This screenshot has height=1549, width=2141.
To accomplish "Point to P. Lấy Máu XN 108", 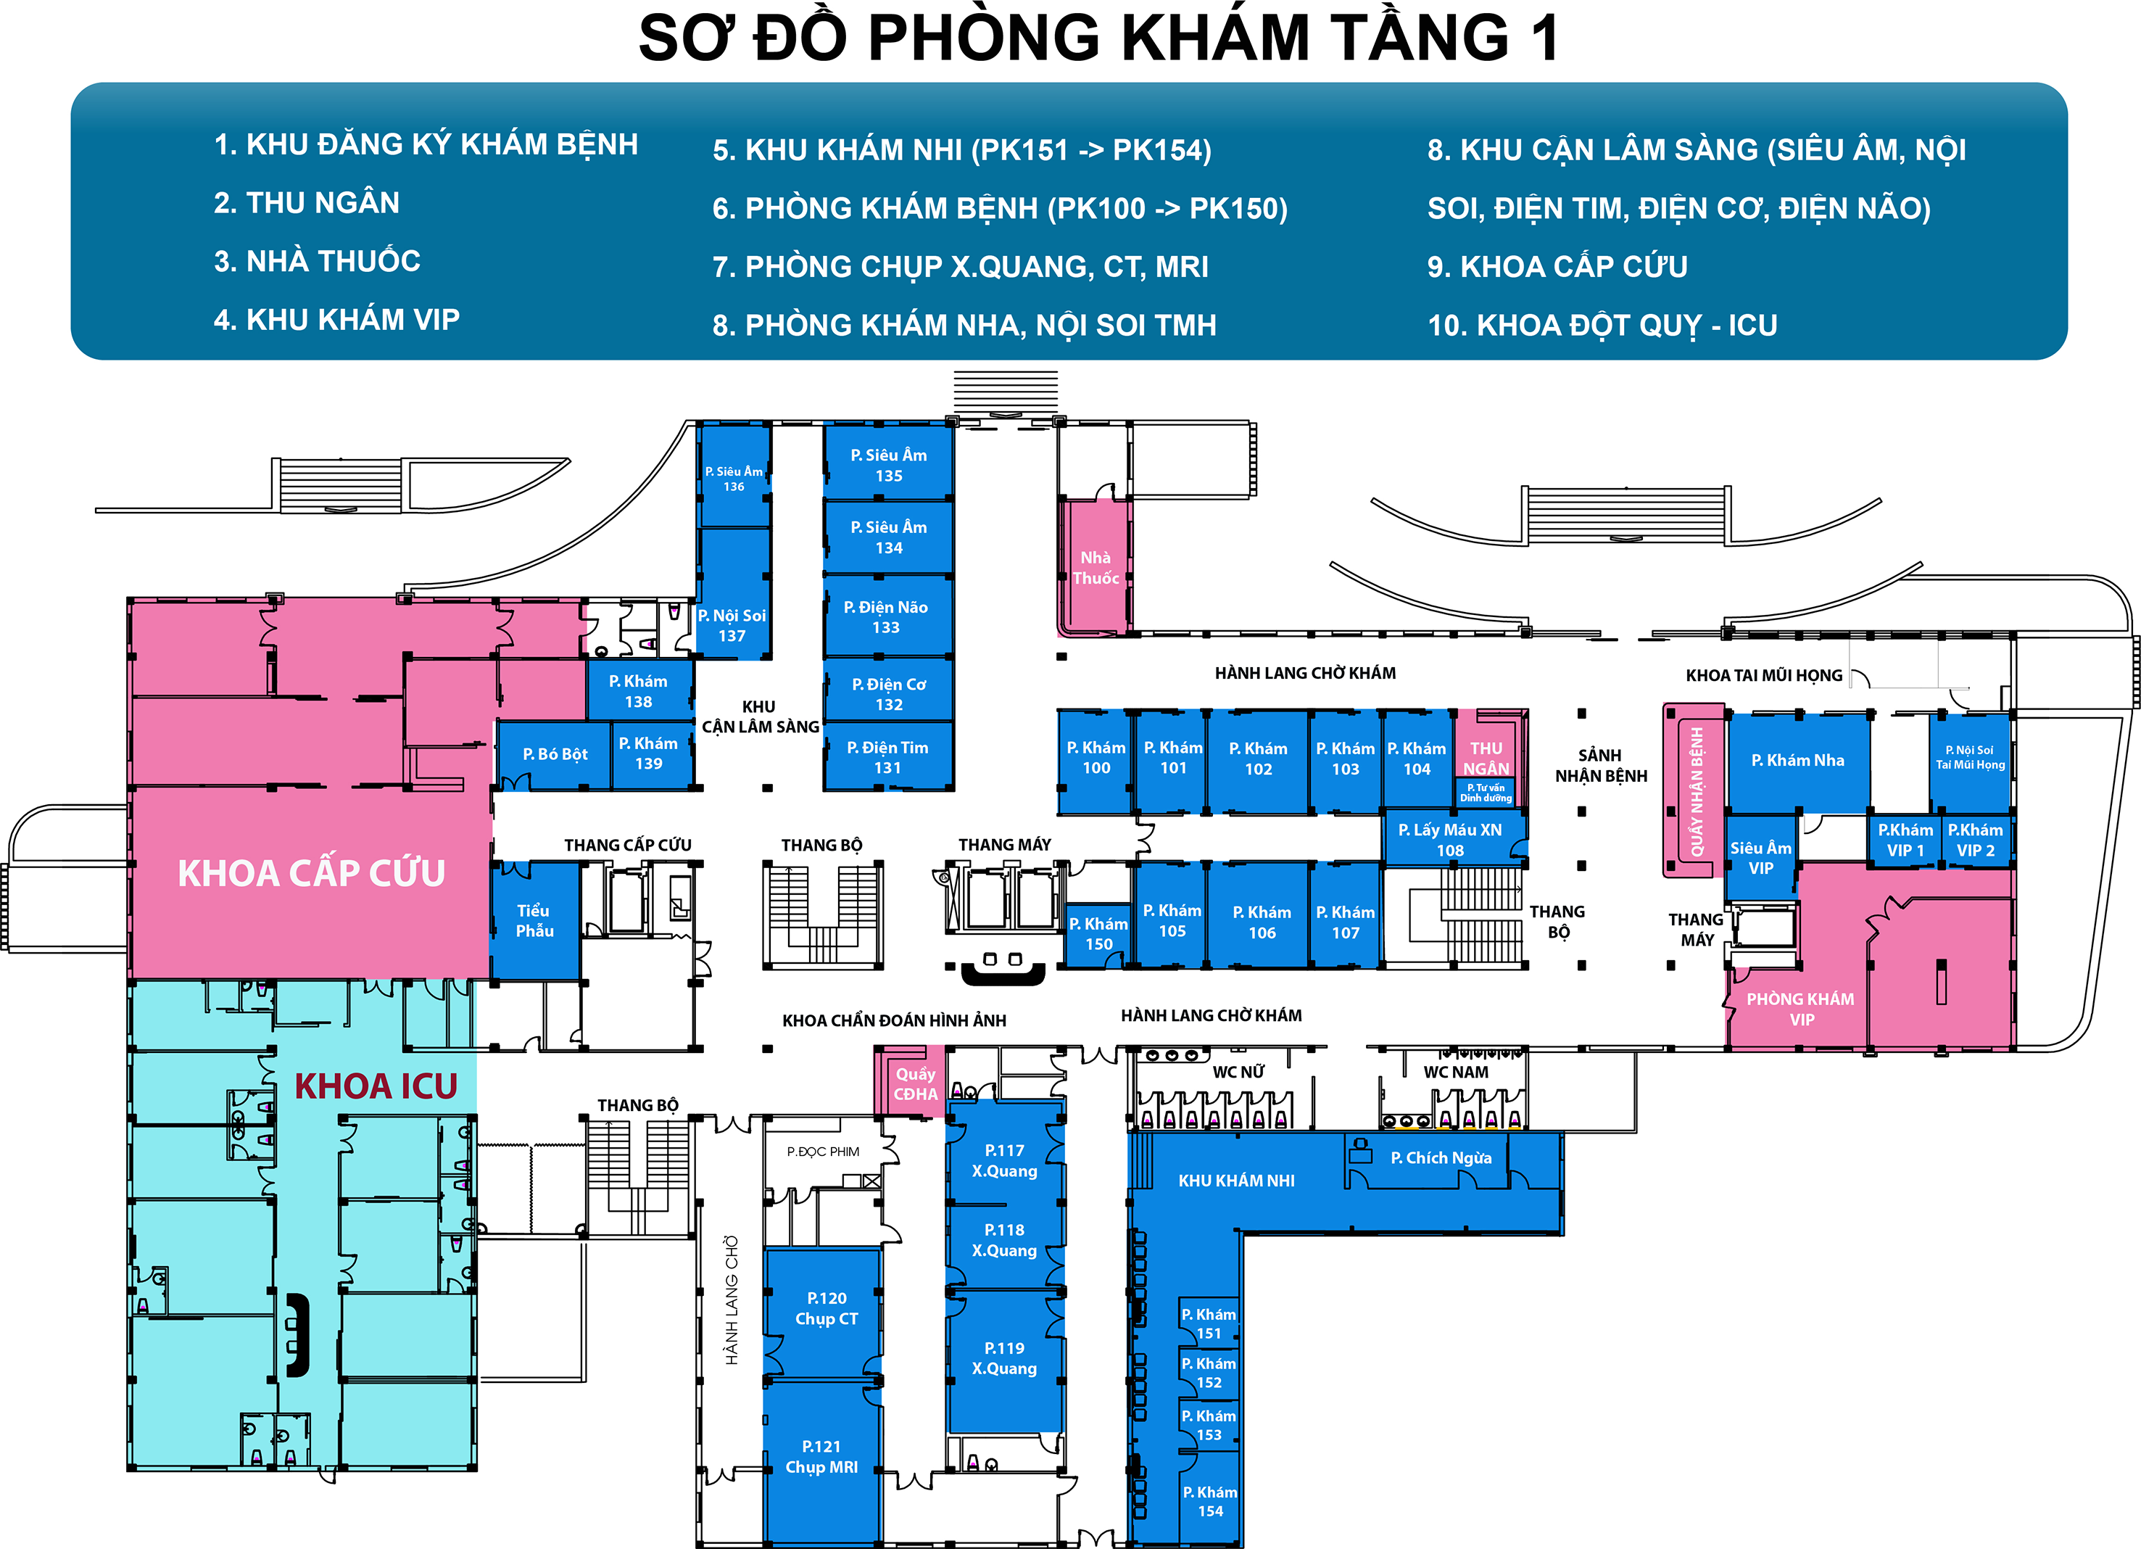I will point(1450,839).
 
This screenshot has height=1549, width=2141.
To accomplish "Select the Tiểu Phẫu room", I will point(534,920).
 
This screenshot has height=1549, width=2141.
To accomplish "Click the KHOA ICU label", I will point(376,1086).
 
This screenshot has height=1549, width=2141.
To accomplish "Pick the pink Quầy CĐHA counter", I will point(915,1083).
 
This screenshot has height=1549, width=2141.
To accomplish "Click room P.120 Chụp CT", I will point(826,1308).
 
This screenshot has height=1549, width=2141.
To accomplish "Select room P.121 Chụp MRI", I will point(821,1456).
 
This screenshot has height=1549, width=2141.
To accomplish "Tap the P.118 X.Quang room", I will point(1004,1240).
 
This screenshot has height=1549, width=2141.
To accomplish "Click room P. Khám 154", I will point(1209,1501).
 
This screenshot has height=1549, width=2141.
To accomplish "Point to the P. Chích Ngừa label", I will point(1441,1157).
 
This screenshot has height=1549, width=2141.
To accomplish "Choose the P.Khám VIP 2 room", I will point(1975,840).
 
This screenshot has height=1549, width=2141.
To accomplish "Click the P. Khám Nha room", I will point(1797,760).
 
